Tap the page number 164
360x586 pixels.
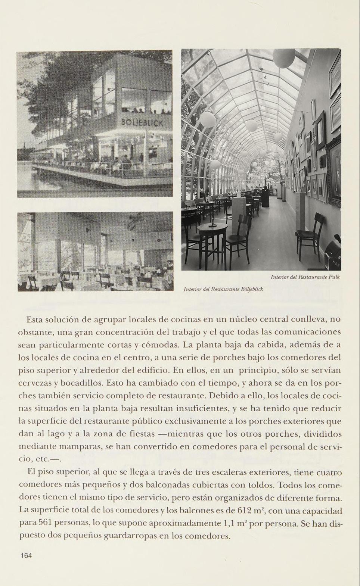[26, 555]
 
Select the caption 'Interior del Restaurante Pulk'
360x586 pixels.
[305, 277]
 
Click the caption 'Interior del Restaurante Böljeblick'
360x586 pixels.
[223, 289]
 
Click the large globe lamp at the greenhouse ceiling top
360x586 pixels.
[284, 58]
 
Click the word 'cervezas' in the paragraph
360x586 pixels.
[33, 383]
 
